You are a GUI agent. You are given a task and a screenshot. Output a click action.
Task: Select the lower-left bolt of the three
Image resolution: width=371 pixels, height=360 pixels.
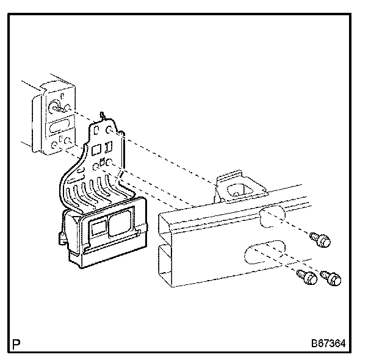click(x=307, y=278)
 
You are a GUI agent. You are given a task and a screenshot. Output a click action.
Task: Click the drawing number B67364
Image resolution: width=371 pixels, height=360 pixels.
click(x=327, y=344)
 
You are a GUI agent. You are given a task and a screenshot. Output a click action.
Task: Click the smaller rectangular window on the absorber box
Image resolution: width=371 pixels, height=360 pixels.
click(x=97, y=228)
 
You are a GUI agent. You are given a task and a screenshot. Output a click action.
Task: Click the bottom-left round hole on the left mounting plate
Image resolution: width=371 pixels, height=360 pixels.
click(x=54, y=146)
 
